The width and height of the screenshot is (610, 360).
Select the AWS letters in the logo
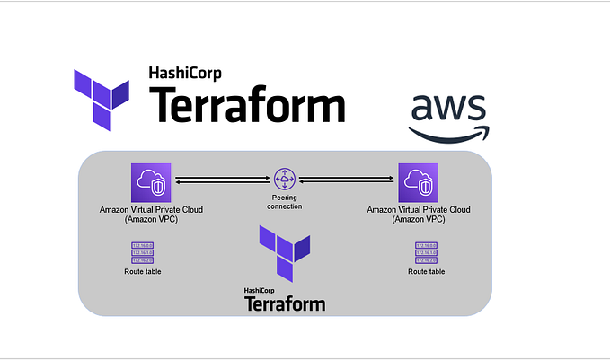[x=448, y=110]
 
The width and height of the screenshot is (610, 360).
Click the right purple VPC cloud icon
[x=419, y=182]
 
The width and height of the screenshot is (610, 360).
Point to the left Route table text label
[x=143, y=271]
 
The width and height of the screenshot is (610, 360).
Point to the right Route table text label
[x=426, y=271]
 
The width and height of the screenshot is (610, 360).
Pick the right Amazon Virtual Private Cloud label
[x=419, y=213]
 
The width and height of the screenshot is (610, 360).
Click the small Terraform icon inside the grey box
[x=284, y=251]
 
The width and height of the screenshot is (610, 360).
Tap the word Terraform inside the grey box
[x=285, y=304]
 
